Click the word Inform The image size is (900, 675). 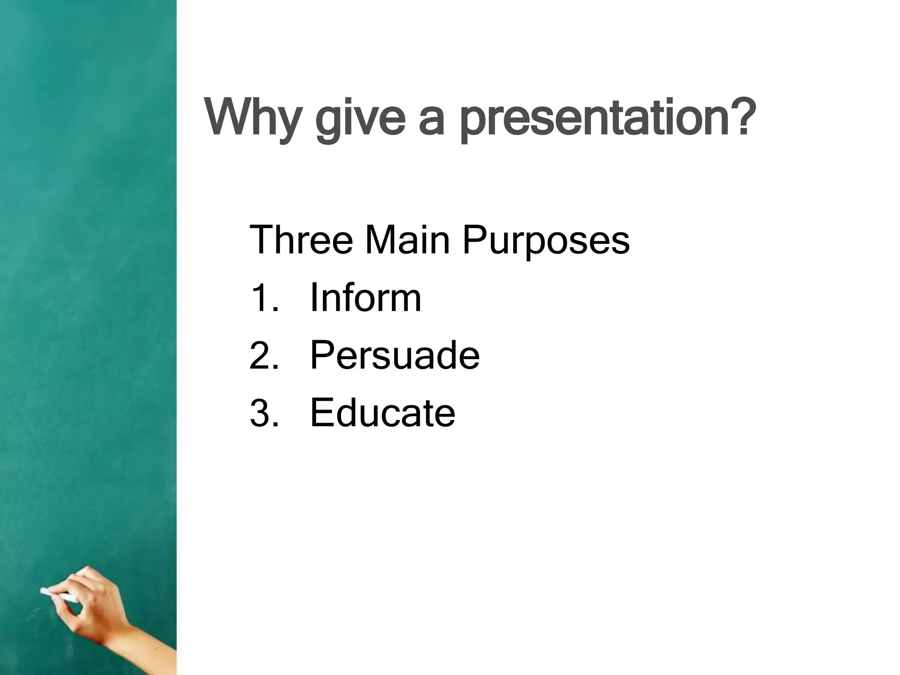point(365,298)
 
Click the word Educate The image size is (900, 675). point(382,413)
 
